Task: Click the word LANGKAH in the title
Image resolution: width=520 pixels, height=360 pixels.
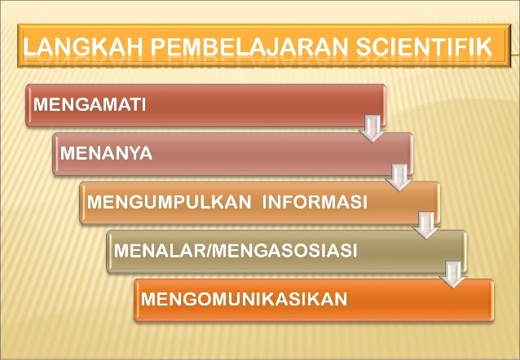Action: tap(73, 48)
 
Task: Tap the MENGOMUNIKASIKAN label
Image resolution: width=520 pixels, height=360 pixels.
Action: tap(244, 299)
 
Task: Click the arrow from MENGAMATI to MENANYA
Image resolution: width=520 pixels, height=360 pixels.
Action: tap(372, 128)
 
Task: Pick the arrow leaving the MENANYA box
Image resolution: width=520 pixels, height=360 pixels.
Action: tap(399, 175)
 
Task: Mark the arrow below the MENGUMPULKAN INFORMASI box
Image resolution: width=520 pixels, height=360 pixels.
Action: tap(425, 224)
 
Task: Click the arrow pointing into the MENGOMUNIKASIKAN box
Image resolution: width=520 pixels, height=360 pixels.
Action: tap(452, 273)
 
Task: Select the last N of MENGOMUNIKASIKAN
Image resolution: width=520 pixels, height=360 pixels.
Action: tap(339, 299)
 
